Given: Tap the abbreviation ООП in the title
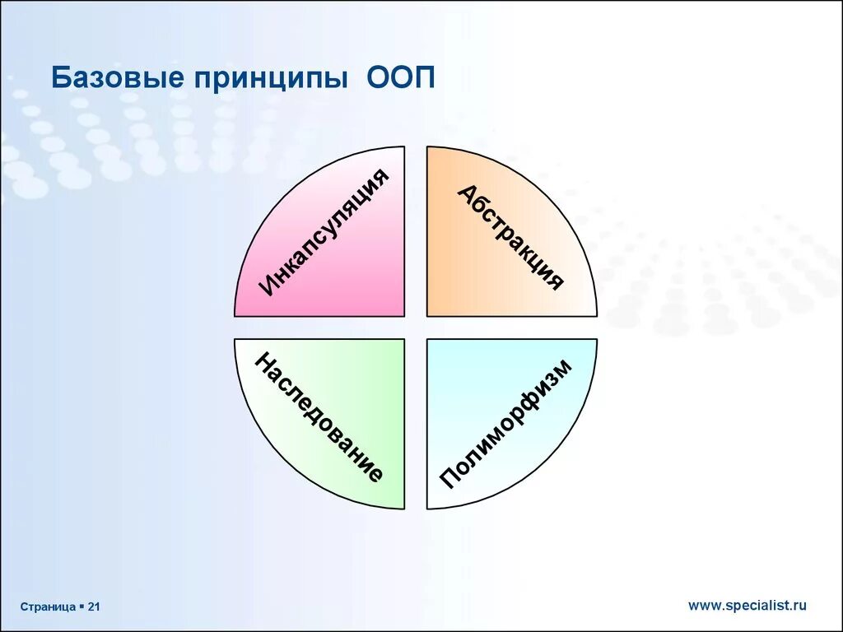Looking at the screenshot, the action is (401, 77).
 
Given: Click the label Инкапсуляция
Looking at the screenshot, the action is (324, 232).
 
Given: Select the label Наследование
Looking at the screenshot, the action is (319, 417).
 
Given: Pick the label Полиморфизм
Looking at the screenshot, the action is (506, 424).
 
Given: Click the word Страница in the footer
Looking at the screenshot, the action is (48, 607).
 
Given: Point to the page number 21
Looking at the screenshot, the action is (94, 606).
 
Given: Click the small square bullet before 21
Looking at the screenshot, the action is (82, 606).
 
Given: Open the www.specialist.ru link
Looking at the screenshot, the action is (748, 606).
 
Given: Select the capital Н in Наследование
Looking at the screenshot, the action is (264, 362).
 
